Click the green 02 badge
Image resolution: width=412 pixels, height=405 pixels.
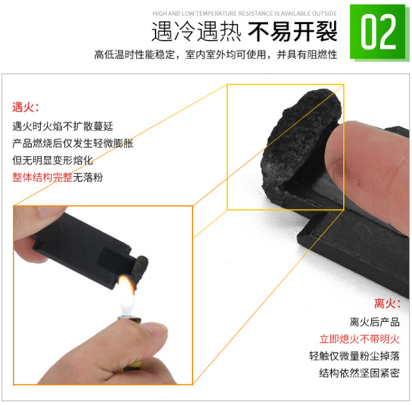(x=378, y=32)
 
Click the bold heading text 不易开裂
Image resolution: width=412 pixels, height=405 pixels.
(x=293, y=32)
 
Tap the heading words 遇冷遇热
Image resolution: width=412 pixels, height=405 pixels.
(x=196, y=32)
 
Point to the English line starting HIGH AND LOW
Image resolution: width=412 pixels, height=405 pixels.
(x=245, y=13)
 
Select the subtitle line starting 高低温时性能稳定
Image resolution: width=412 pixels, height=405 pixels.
(x=216, y=54)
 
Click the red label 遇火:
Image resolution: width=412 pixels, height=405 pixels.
(x=25, y=107)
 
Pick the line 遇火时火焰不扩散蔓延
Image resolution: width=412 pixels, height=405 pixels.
(x=62, y=126)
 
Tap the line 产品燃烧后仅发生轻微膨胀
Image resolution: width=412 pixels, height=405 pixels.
(x=73, y=144)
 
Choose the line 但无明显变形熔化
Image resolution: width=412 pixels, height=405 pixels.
(x=52, y=160)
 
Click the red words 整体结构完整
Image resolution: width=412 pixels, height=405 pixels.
(x=42, y=177)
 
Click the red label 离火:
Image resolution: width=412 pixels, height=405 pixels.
(x=387, y=304)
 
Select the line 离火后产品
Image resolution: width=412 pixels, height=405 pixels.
(x=374, y=322)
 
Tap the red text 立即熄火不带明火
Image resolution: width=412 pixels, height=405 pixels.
(x=360, y=339)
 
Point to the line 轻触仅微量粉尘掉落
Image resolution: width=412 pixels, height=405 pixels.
(x=354, y=356)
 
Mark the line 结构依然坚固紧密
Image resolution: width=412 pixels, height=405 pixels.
(x=360, y=373)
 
